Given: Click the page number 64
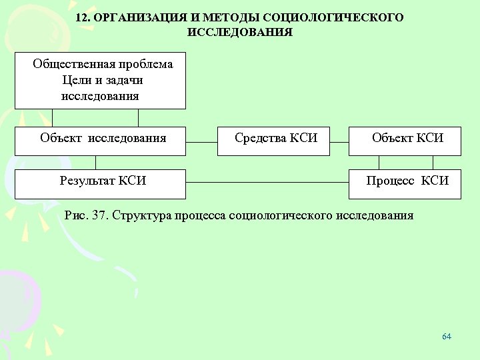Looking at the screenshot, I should tap(447, 336).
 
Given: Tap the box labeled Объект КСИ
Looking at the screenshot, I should tap(405, 140).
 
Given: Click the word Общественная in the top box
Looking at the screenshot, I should tap(71, 65).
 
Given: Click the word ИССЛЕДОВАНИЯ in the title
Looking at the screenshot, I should tap(240, 31).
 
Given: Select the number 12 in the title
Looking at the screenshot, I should tap(83, 17).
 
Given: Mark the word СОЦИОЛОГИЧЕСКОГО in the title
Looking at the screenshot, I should tap(347, 17).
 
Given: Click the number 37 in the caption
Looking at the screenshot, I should tap(100, 215).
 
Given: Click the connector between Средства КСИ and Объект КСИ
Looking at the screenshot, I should tap(340, 142).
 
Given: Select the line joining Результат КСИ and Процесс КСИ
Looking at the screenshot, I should tap(267, 183).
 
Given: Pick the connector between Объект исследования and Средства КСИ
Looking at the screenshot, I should tap(201, 142).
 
